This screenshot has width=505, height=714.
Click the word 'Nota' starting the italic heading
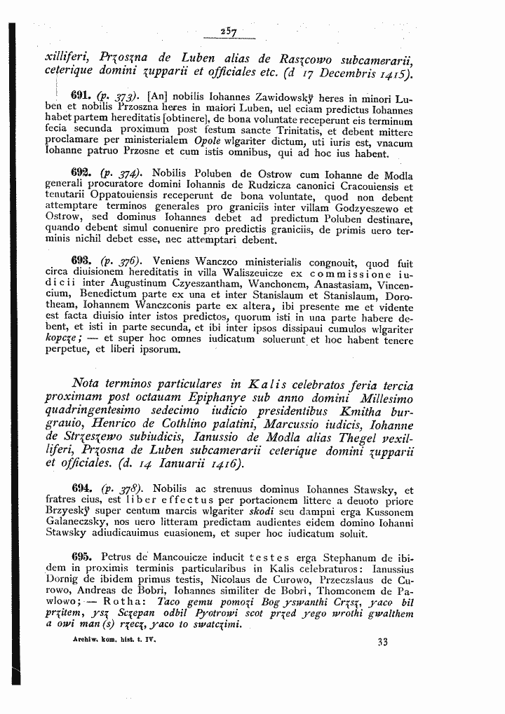coord(90,386)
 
